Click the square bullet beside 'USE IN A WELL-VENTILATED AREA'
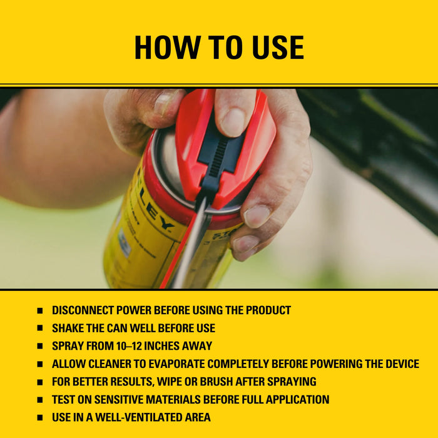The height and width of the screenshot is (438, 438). pyautogui.click(x=39, y=417)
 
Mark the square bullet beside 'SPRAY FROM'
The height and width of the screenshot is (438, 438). pyautogui.click(x=39, y=346)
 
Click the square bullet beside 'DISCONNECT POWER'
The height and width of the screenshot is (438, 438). pyautogui.click(x=39, y=310)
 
